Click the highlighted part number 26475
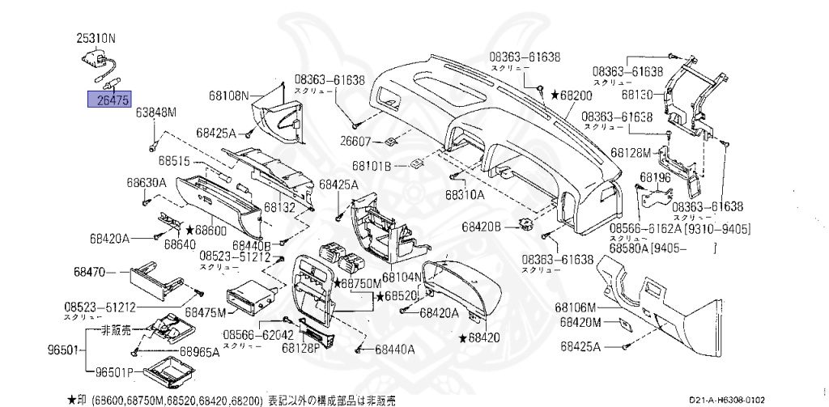pyautogui.click(x=108, y=100)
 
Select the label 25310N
pyautogui.click(x=96, y=37)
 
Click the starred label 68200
pyautogui.click(x=572, y=95)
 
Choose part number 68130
pyautogui.click(x=637, y=94)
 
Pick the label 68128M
pyautogui.click(x=631, y=152)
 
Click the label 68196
pyautogui.click(x=653, y=176)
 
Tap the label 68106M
pyautogui.click(x=576, y=307)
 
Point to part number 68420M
pyautogui.click(x=577, y=322)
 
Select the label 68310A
pyautogui.click(x=465, y=194)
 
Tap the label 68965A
pyautogui.click(x=198, y=352)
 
